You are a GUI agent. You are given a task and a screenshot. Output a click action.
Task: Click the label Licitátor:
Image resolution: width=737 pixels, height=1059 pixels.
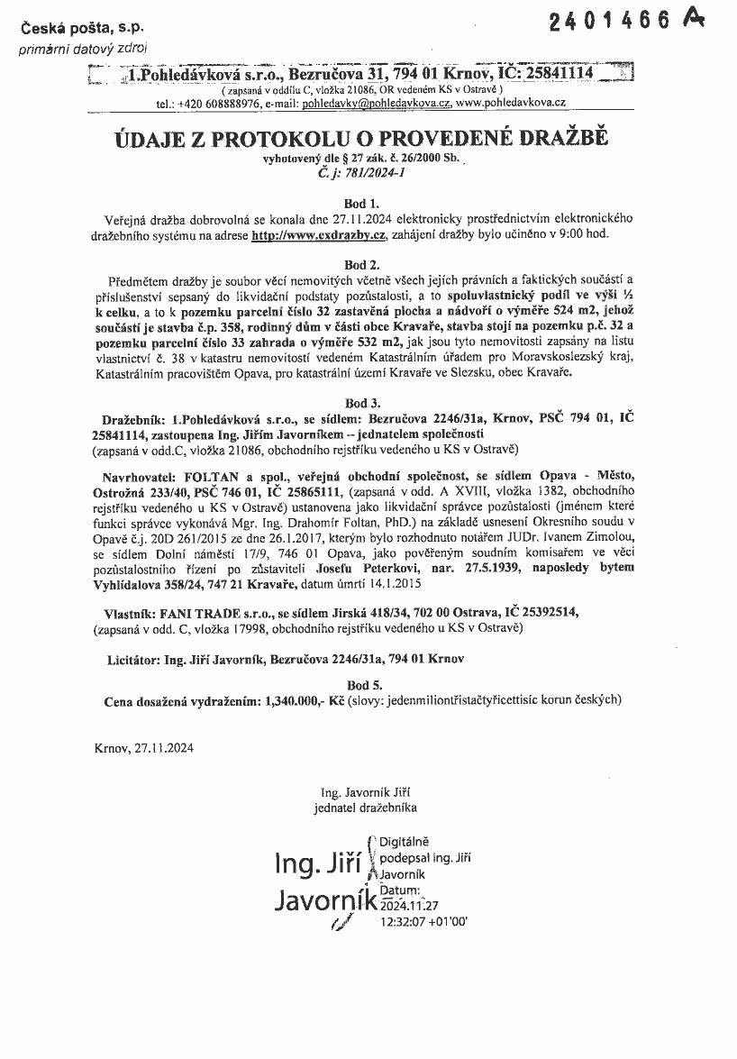133,660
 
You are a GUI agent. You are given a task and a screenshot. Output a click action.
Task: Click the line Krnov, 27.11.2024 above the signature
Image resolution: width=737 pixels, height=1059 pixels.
142,747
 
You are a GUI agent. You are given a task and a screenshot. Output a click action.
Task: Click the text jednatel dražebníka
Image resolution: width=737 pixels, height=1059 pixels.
366,808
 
